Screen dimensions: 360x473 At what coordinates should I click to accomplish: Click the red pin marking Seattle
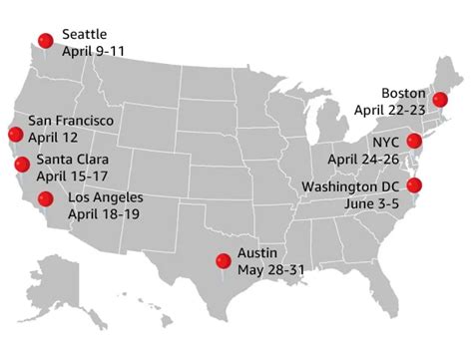[x=45, y=40]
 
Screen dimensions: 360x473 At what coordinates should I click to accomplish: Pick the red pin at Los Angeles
[x=45, y=198]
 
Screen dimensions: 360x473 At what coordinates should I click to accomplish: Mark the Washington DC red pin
[x=414, y=184]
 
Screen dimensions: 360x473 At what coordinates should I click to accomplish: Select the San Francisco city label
[x=70, y=121]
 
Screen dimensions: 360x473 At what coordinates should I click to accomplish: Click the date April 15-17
[x=74, y=177]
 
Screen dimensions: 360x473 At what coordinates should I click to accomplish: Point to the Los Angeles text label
[x=105, y=197]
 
